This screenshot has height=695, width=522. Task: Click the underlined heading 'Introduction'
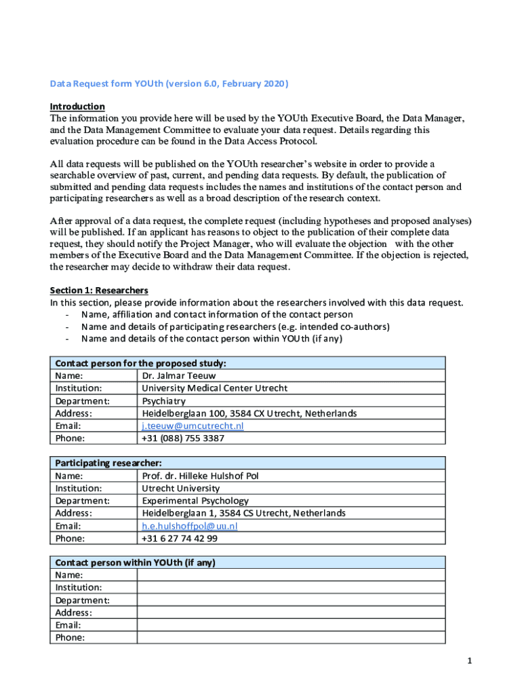click(77, 107)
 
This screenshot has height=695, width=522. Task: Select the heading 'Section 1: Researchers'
click(99, 290)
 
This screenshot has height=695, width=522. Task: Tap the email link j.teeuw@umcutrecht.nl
click(193, 426)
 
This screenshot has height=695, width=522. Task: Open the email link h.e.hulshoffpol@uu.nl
click(190, 526)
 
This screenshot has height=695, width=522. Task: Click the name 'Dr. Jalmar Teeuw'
click(179, 375)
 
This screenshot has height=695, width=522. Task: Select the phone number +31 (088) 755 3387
click(182, 438)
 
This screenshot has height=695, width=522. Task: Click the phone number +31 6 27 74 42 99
click(180, 538)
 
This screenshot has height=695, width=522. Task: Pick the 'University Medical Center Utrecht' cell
click(214, 388)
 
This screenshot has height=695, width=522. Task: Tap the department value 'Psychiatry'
click(163, 400)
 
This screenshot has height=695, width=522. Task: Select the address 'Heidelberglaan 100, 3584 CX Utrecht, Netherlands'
click(249, 413)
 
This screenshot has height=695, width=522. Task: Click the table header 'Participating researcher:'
click(108, 463)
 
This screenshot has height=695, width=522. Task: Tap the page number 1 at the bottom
click(460, 660)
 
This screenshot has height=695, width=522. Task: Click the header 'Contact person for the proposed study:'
click(140, 363)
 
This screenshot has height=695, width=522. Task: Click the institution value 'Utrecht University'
click(180, 489)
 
